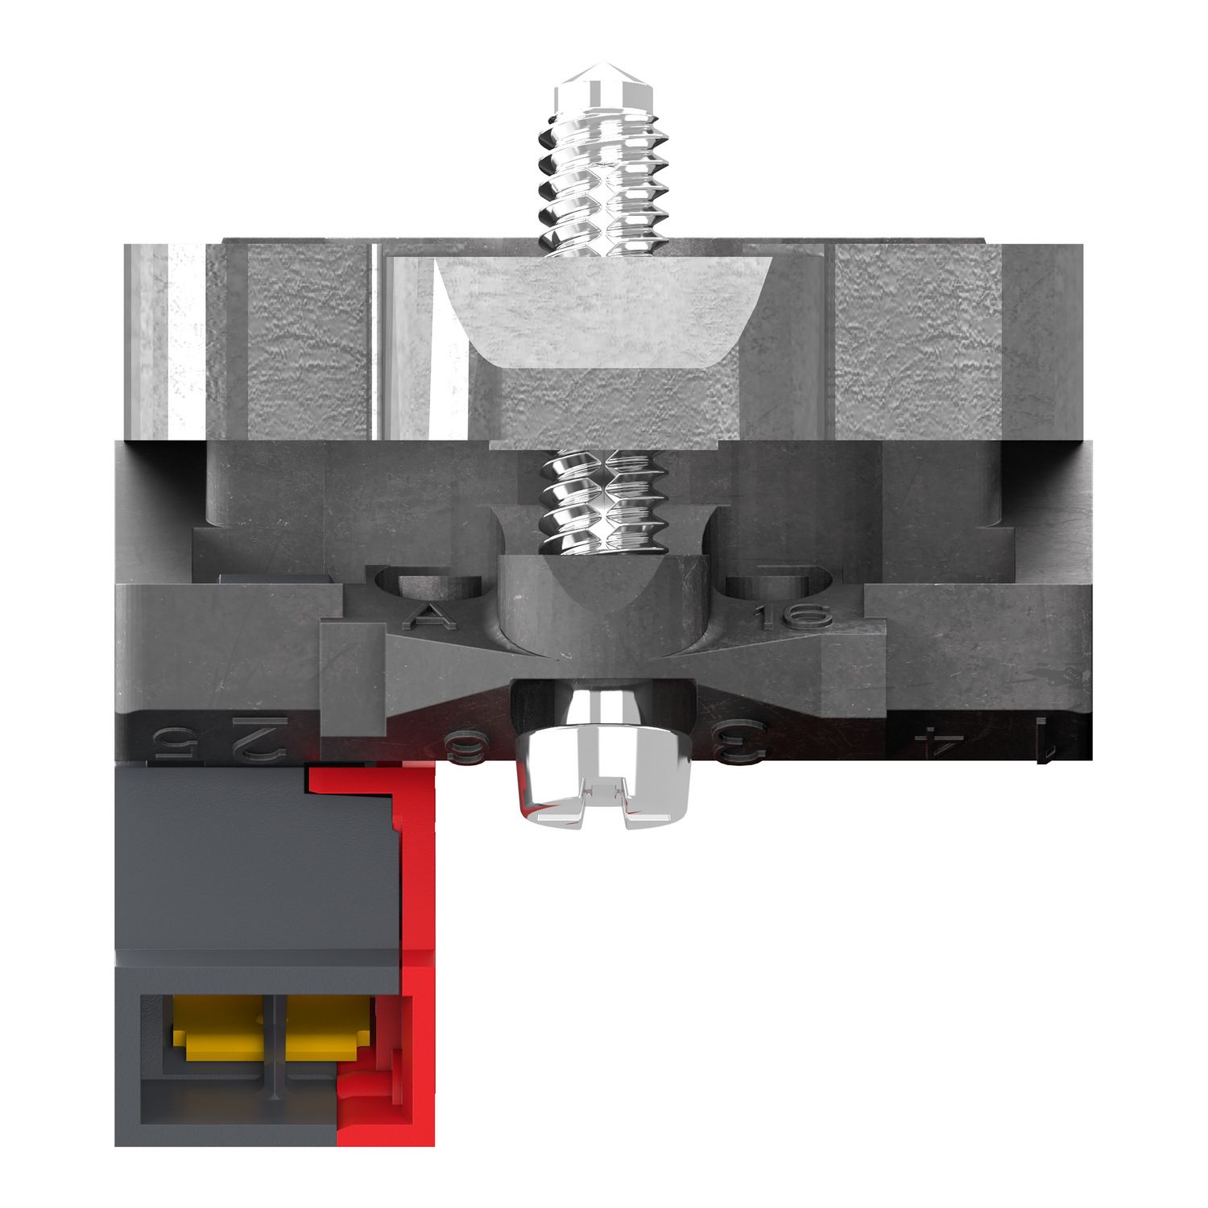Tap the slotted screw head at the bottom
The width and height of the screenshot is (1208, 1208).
[604, 781]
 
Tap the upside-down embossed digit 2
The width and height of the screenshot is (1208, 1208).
[259, 737]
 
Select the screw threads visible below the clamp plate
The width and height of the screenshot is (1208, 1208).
[604, 499]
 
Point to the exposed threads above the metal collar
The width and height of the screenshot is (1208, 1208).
[604, 185]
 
